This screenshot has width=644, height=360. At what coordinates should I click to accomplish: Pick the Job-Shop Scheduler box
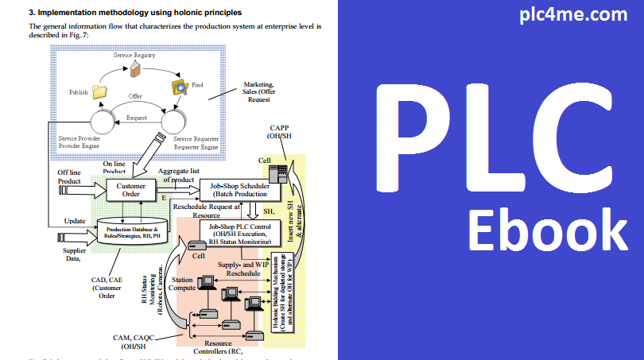239,190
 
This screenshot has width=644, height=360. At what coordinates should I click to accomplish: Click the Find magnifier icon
180,87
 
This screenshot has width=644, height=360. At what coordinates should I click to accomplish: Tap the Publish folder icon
99,92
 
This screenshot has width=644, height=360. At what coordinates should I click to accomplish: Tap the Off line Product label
69,176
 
